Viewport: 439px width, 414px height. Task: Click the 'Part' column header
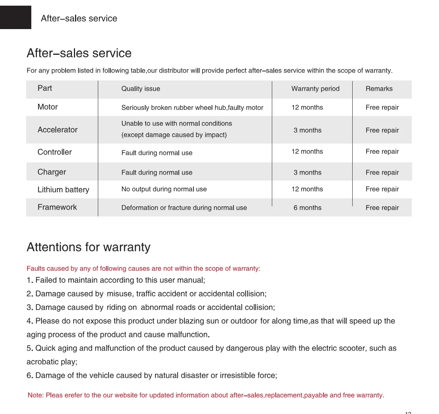coord(45,88)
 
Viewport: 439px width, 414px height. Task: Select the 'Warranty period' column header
coord(315,89)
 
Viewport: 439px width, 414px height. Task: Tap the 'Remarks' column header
coord(379,89)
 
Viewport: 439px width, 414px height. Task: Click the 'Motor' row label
coord(48,107)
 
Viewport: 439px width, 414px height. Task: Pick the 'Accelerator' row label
coord(57,130)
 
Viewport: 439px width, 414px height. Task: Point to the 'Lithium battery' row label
coord(63,190)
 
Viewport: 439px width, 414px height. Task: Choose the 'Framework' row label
coord(57,207)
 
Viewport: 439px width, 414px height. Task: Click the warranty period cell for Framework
coord(307,208)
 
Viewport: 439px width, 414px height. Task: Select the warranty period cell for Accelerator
coord(307,130)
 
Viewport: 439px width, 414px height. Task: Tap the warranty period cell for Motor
coord(307,108)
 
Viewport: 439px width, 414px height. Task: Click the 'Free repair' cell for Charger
coord(382,173)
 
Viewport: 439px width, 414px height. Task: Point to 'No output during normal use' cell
coord(164,189)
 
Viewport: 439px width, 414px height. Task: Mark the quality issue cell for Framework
coord(184,208)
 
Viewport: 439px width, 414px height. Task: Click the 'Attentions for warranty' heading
coord(89,247)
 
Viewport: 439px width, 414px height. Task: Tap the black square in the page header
coord(15,17)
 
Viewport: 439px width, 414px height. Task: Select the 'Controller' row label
coord(55,152)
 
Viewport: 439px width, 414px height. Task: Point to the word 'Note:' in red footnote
coord(36,395)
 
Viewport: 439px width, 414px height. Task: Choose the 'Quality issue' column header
coord(141,89)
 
